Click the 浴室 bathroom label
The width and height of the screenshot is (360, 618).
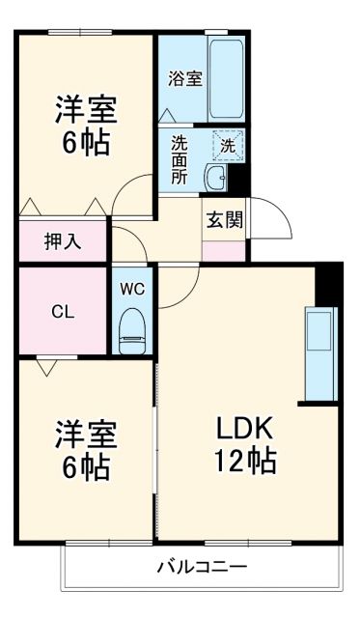[x=186, y=79]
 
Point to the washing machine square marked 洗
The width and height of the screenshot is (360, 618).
[x=228, y=145]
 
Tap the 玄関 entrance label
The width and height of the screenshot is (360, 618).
[x=224, y=218]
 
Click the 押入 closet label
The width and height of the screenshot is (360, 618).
[x=64, y=241]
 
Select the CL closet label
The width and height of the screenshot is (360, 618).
[x=63, y=311]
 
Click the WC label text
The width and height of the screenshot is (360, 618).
[x=132, y=288]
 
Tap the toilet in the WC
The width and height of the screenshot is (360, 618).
[x=132, y=330]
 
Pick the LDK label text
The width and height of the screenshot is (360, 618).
[x=247, y=428]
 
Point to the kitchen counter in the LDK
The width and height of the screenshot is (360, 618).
[x=320, y=353]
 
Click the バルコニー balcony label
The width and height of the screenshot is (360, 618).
[x=203, y=567]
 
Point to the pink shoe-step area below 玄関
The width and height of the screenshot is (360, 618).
[x=224, y=249]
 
